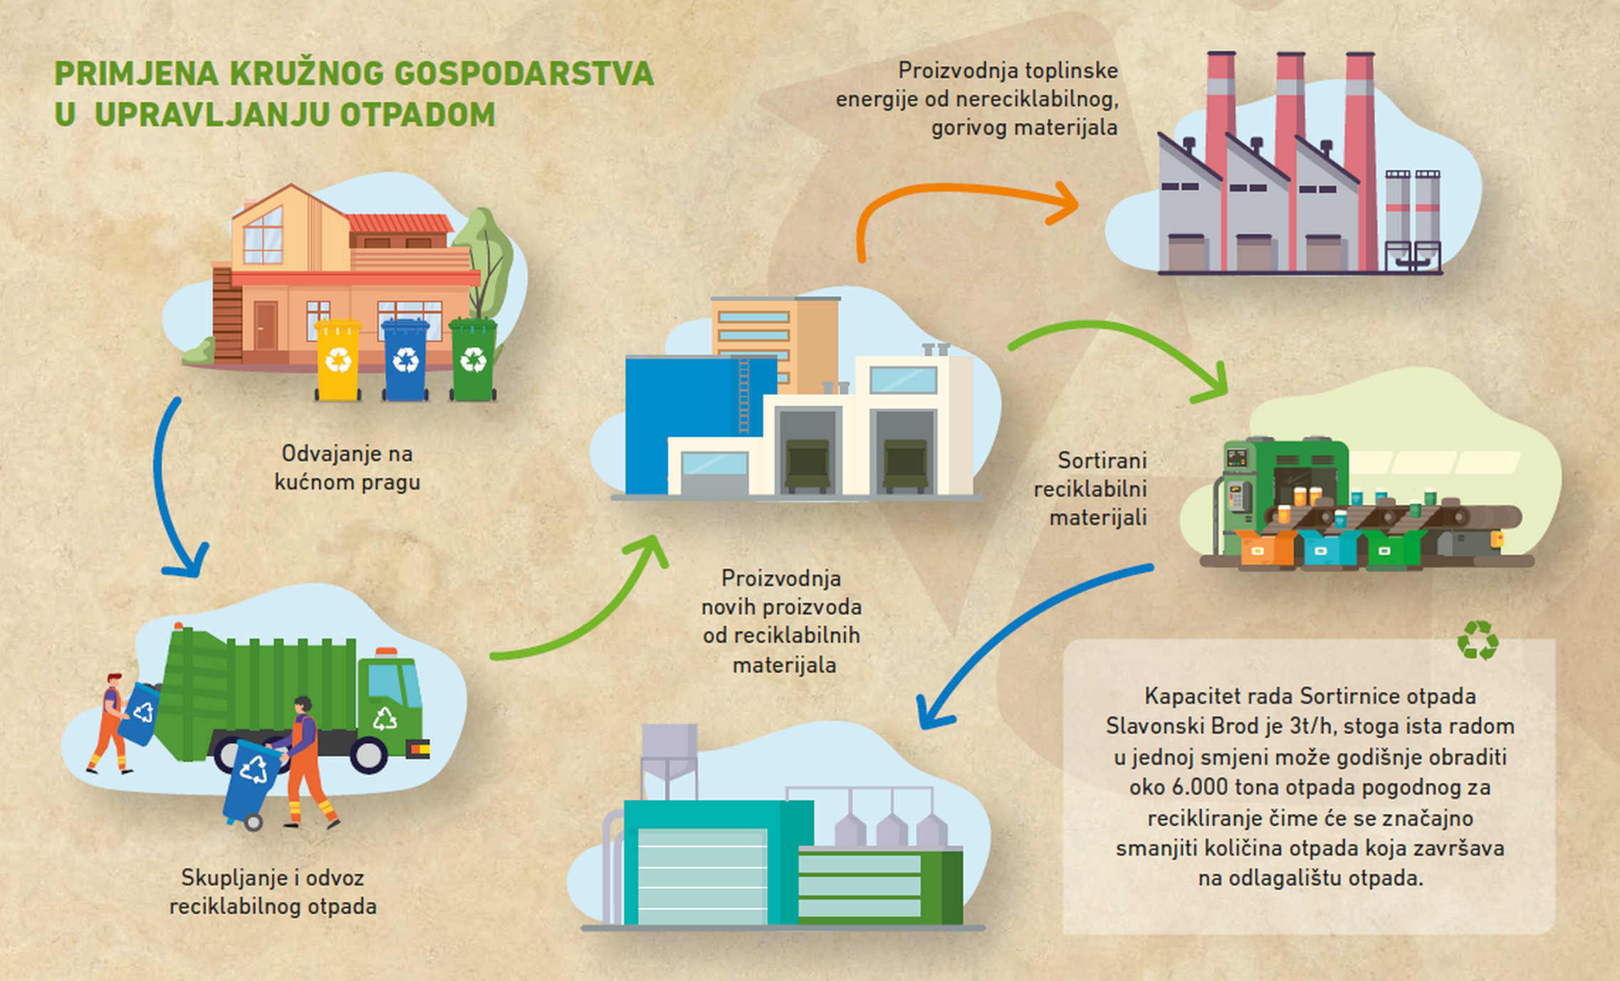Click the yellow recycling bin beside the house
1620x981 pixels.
pos(338,359)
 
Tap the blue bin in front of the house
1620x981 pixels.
pos(405,359)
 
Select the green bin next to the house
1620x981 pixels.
pos(473,359)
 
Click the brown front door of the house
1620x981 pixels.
pos(266,325)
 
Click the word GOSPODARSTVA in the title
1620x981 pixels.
pos(523,74)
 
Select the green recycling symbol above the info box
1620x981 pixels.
pos(1478,640)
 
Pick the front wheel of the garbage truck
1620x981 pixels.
pos(368,755)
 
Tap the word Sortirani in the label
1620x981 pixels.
pos(1102,461)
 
